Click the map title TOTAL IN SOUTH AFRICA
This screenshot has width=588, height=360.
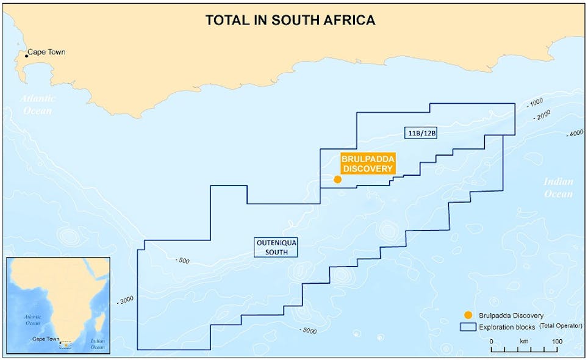point(290,20)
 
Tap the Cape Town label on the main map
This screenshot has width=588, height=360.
point(46,52)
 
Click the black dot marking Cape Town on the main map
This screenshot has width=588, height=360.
point(26,56)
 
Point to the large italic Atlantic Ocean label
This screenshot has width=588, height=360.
point(38,104)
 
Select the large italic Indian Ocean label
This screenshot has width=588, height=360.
point(559,187)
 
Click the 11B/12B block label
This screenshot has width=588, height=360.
point(421,132)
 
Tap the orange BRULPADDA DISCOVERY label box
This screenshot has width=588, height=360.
point(367,164)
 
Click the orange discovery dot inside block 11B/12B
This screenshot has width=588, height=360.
point(337,179)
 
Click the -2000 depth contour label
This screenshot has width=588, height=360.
point(543,115)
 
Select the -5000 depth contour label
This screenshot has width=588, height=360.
point(308,330)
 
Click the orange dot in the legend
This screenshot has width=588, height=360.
point(468,315)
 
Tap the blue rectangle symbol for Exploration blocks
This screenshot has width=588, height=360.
point(468,327)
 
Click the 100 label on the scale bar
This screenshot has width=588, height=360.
point(557,342)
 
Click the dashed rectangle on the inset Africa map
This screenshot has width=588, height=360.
point(66,345)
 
